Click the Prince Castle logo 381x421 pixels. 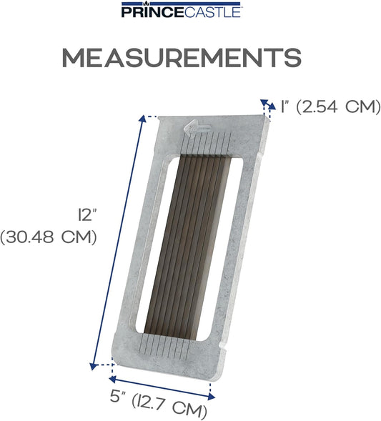pyautogui.click(x=182, y=9)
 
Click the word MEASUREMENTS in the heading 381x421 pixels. pyautogui.click(x=182, y=57)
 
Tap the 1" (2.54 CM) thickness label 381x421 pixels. pyautogui.click(x=330, y=107)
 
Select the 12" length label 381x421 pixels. pyautogui.click(x=87, y=215)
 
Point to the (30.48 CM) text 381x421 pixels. pyautogui.click(x=49, y=237)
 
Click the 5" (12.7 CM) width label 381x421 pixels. pyautogui.click(x=159, y=405)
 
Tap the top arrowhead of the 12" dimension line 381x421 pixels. pyautogui.click(x=143, y=119)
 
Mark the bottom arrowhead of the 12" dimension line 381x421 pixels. pyautogui.click(x=93, y=366)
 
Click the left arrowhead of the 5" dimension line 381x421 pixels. pyautogui.click(x=112, y=379)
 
